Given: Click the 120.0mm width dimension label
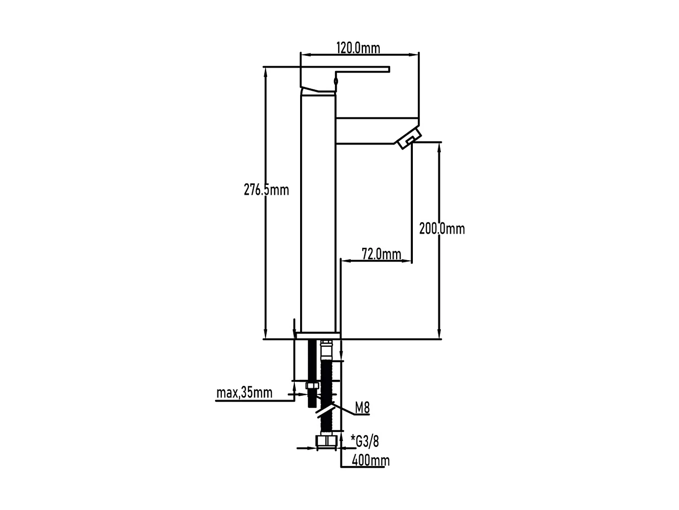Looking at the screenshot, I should click(x=358, y=48).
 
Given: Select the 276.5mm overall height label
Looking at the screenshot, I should click(x=266, y=189).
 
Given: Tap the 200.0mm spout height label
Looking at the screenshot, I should click(x=442, y=228).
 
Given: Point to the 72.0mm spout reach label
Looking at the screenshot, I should click(x=382, y=254).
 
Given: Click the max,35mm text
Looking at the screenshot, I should click(x=244, y=392).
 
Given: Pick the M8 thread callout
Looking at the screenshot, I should click(x=362, y=408).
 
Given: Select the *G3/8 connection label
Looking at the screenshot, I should click(x=365, y=441).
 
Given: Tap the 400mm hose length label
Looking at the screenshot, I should click(x=371, y=461).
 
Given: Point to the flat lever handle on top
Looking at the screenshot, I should click(x=362, y=70).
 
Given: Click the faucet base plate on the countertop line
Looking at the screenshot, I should click(x=317, y=335).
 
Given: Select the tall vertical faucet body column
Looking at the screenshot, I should click(x=318, y=213).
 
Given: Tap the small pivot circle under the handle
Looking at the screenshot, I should click(x=335, y=82).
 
